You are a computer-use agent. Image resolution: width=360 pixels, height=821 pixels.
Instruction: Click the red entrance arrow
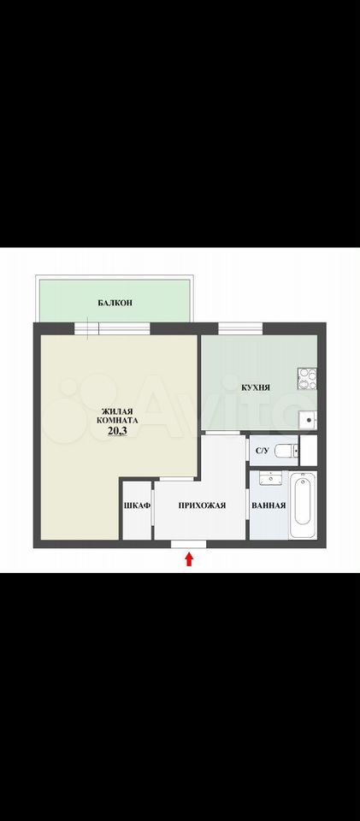click(190, 559)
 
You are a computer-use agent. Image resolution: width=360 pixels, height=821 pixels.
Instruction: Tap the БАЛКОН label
click(115, 303)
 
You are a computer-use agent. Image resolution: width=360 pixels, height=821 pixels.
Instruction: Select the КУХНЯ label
click(256, 388)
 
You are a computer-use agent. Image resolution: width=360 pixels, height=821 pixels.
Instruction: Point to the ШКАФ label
click(137, 505)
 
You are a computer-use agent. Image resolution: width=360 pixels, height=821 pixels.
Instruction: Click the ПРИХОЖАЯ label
click(202, 505)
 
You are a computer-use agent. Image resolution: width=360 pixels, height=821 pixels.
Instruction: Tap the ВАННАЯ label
click(269, 505)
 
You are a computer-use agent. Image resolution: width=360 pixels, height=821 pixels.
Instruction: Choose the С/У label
click(262, 450)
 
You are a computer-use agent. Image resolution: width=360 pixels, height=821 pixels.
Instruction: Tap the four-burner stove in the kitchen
click(308, 379)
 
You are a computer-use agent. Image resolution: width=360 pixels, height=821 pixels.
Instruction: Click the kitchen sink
click(309, 420)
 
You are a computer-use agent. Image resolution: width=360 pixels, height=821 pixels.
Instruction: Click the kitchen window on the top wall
click(240, 328)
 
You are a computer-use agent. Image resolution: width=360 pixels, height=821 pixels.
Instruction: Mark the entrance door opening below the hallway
click(188, 544)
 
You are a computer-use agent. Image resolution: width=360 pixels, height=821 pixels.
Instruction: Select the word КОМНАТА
click(117, 420)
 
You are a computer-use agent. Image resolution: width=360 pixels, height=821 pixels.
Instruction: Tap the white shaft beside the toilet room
click(308, 450)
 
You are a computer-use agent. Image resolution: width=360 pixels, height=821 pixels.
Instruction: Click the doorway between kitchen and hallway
click(221, 433)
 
